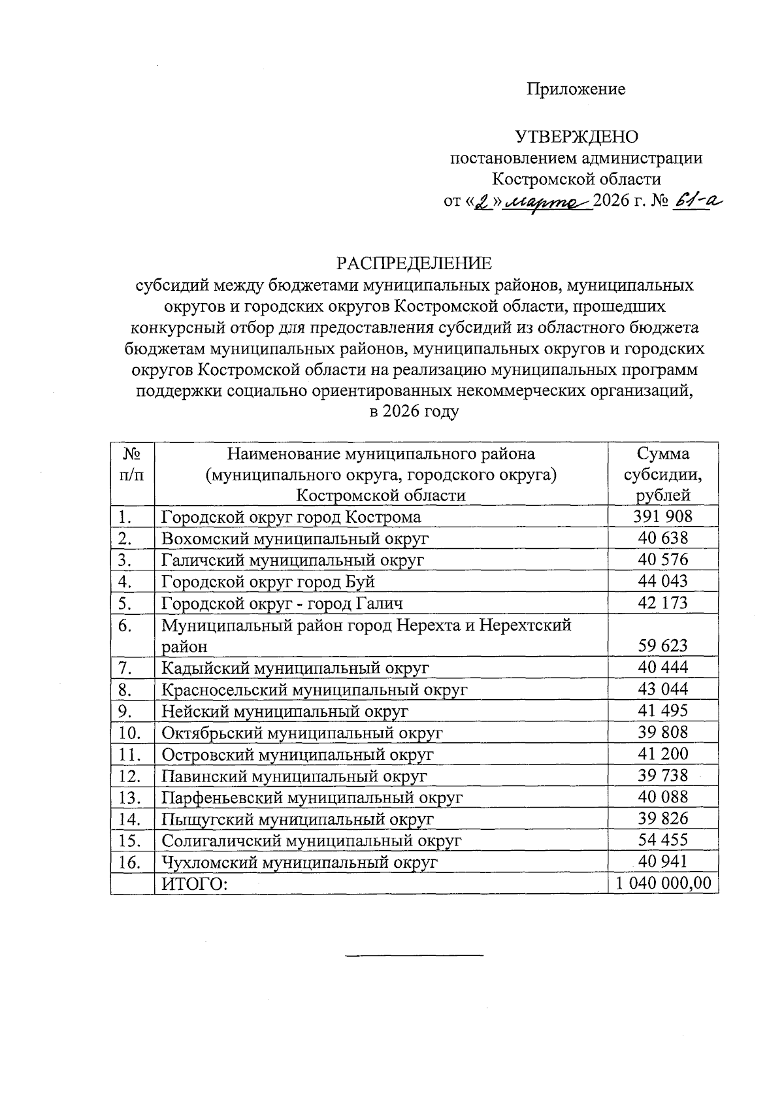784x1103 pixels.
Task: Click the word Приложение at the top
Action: click(x=576, y=89)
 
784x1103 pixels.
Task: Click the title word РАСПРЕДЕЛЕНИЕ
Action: click(x=414, y=263)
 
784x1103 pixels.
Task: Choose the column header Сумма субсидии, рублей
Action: click(x=662, y=474)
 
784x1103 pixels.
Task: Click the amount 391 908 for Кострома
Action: click(x=662, y=517)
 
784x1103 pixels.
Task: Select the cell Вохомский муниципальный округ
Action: click(x=295, y=538)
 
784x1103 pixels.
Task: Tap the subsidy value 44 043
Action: click(x=662, y=581)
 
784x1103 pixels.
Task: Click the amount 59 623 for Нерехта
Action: click(x=662, y=646)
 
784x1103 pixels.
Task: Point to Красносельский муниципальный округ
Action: click(x=315, y=689)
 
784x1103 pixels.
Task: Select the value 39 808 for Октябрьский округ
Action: click(x=662, y=732)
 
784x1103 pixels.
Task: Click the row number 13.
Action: click(x=130, y=797)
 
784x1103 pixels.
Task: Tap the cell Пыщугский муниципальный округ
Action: click(x=298, y=819)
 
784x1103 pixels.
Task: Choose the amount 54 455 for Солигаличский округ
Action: click(x=662, y=840)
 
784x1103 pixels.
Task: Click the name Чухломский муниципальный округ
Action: click(x=299, y=862)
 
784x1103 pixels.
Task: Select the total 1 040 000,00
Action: click(x=662, y=883)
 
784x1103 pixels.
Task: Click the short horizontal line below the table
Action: click(x=414, y=956)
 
